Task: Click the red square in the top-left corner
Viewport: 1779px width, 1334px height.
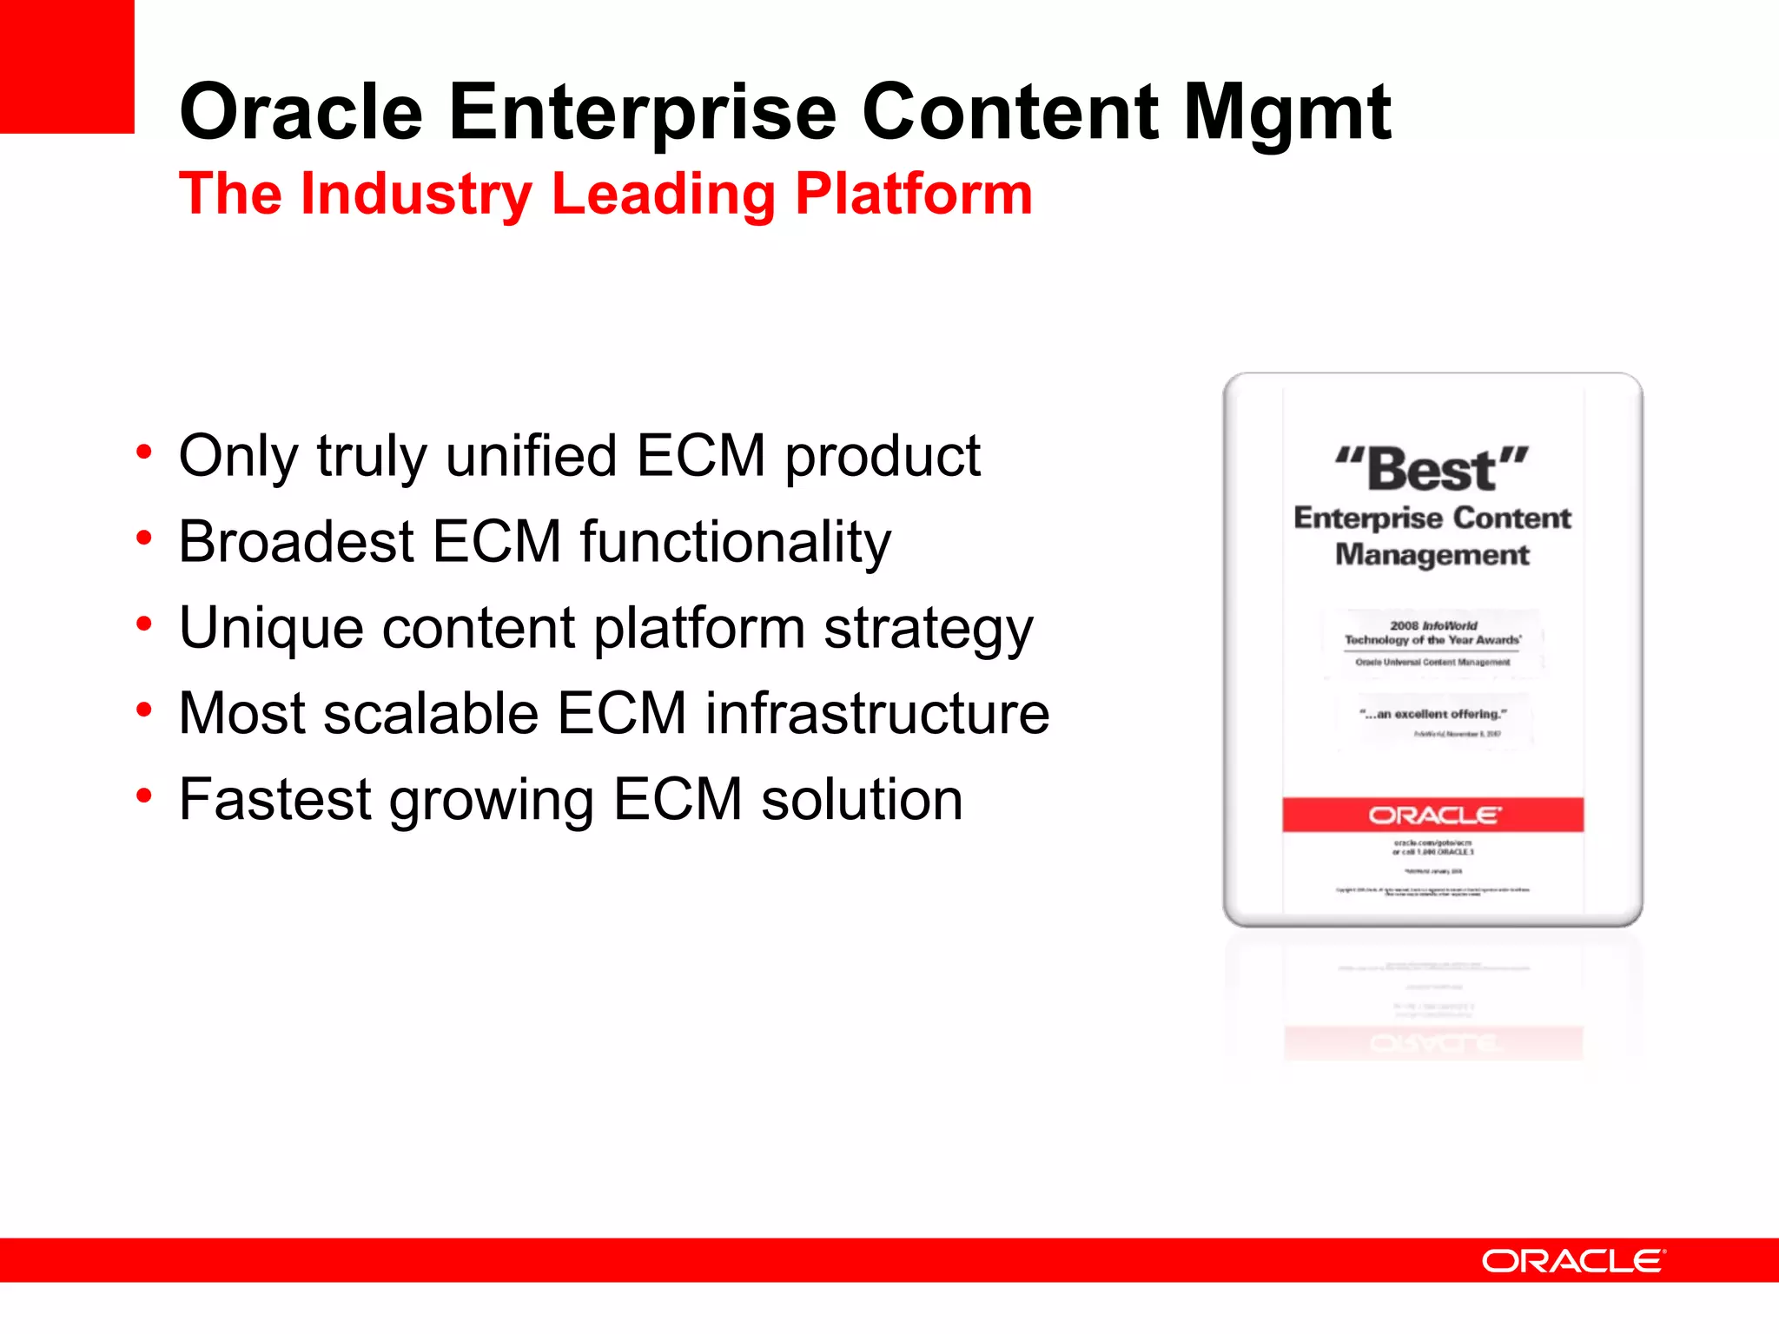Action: (67, 66)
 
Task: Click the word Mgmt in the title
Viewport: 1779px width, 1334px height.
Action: (1287, 113)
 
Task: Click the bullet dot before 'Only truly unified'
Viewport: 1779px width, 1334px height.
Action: (144, 452)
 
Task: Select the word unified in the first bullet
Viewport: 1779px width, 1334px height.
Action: (531, 455)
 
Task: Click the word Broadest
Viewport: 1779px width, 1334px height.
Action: (296, 541)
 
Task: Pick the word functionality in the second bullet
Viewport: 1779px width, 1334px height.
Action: (736, 541)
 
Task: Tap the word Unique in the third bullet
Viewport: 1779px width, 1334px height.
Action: (271, 627)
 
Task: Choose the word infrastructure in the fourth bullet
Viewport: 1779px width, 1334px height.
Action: (876, 713)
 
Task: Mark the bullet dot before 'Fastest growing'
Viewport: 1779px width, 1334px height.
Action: (144, 795)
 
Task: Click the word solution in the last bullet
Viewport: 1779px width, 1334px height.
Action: (862, 799)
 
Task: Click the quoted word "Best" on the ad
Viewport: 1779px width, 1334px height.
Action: (1432, 469)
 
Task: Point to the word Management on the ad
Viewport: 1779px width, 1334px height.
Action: (1432, 555)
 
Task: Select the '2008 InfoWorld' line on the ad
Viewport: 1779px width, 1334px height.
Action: (1432, 625)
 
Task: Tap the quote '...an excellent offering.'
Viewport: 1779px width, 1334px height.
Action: (1432, 714)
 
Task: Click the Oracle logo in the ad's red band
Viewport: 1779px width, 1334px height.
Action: (1433, 816)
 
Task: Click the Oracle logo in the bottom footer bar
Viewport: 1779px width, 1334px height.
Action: (1573, 1261)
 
